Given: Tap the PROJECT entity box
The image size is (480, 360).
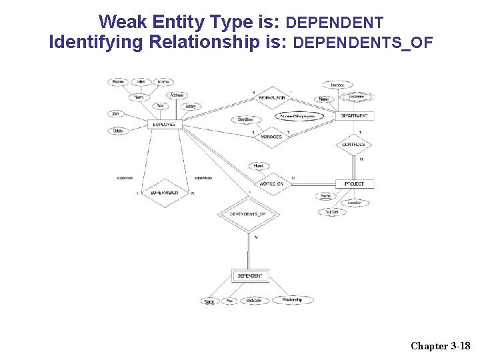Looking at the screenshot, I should [x=355, y=183].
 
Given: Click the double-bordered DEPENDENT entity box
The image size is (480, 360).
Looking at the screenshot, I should [x=250, y=275].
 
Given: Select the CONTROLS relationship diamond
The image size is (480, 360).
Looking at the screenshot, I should [x=353, y=145].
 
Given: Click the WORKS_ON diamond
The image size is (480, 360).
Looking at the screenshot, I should [x=271, y=183].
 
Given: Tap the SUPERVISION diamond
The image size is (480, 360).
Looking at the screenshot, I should [x=164, y=193].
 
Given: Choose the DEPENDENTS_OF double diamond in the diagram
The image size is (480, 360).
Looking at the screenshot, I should [x=247, y=214].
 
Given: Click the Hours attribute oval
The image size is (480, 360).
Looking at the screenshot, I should [x=259, y=165].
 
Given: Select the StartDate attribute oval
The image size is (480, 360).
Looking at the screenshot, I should [x=245, y=119].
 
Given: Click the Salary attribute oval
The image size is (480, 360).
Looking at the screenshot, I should [x=191, y=107].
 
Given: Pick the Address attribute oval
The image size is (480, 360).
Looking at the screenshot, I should [x=177, y=95].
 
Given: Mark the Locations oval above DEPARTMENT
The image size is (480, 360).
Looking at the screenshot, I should [x=357, y=97].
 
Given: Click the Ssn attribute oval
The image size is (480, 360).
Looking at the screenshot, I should [x=116, y=114].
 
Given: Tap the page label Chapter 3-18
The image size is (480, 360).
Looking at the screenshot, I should [x=441, y=345].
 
